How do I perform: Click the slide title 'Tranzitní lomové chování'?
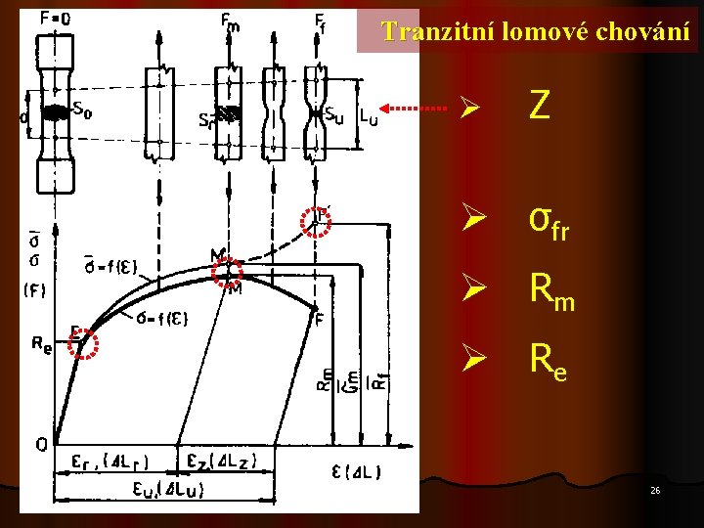[536, 31]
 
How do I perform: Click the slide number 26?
[655, 489]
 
